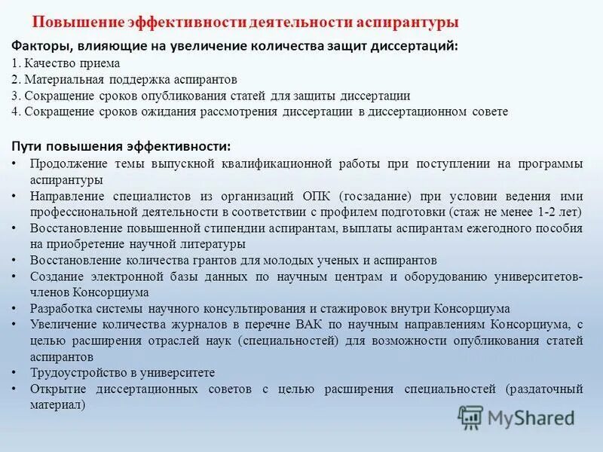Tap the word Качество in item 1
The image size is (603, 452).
click(x=47, y=64)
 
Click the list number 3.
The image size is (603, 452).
click(x=15, y=96)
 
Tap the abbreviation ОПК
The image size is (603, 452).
click(x=319, y=196)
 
